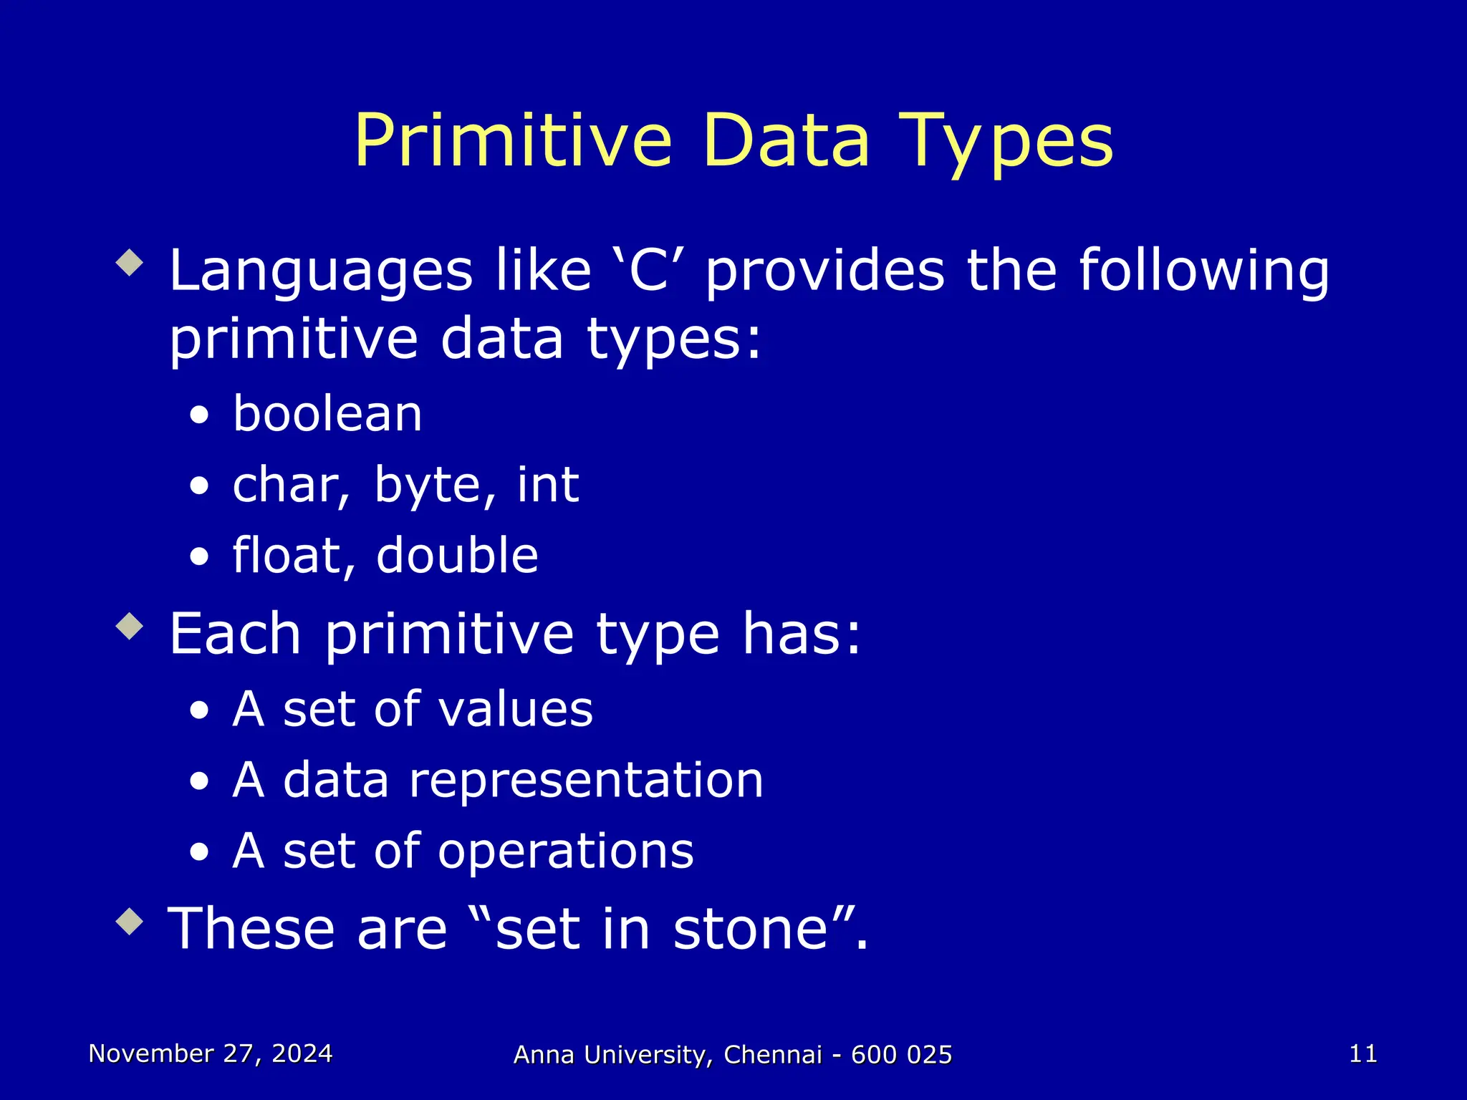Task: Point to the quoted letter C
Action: [649, 271]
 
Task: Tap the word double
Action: [457, 556]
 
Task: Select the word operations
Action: [565, 851]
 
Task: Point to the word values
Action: [515, 709]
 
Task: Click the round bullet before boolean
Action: [200, 416]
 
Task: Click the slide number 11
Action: [1362, 1053]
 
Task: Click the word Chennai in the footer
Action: [772, 1055]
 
